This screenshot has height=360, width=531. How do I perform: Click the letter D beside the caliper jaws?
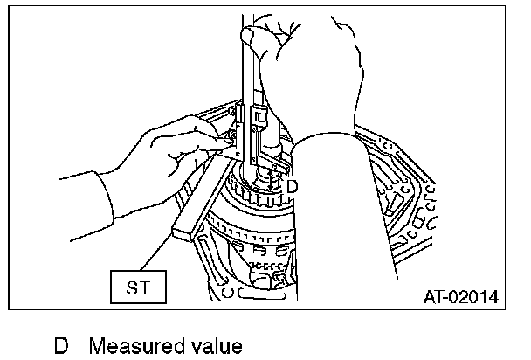(292, 185)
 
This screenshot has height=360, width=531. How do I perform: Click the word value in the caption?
(212, 346)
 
